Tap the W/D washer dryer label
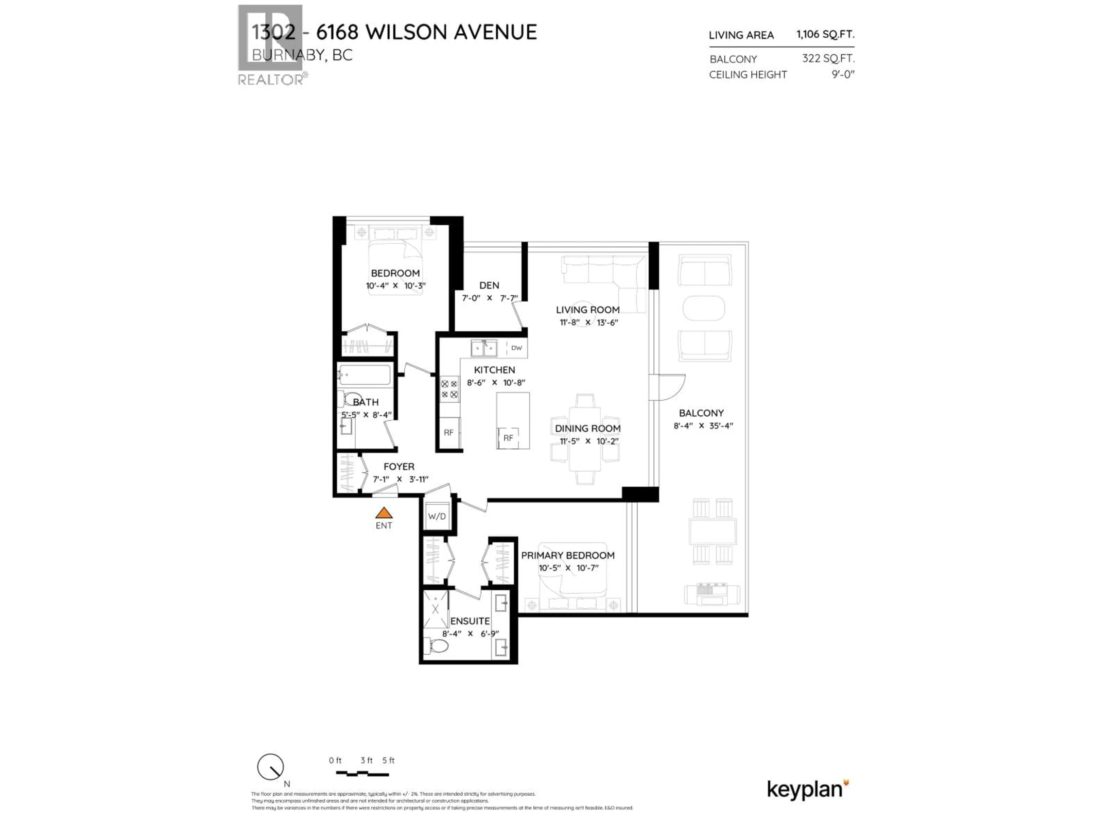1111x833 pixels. [437, 516]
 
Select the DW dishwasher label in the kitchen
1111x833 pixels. [516, 347]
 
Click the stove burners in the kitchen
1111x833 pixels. [449, 389]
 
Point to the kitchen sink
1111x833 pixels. [484, 347]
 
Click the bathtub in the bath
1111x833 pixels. [364, 375]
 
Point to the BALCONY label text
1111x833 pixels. [701, 413]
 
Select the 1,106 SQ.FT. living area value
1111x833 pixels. [825, 34]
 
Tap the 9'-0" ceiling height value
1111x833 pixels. [843, 74]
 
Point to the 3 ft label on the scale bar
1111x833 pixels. [366, 760]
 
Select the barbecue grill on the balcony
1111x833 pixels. [712, 594]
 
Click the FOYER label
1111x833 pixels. [399, 467]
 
